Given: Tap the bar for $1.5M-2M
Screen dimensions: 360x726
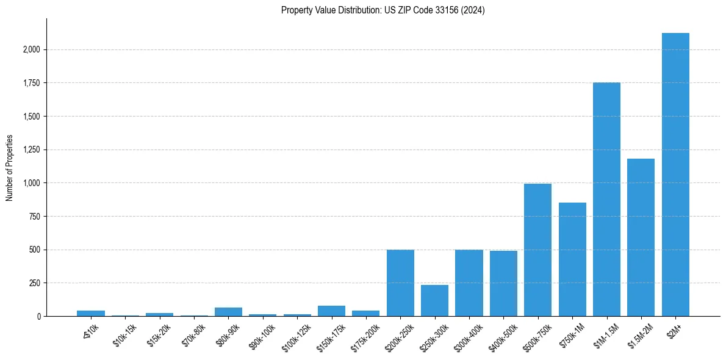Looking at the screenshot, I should (641, 237).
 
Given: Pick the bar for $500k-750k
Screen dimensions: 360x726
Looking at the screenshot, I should (537, 250).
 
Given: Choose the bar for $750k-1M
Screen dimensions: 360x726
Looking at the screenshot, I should (572, 259).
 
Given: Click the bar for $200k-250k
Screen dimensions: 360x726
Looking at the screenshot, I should (400, 283).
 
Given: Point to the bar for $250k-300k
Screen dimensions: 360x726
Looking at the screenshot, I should (434, 301).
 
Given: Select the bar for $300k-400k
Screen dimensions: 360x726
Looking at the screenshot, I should (469, 283).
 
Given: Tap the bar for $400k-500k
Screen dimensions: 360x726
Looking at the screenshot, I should (503, 284).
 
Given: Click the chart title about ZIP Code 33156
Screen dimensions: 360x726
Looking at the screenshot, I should (383, 10).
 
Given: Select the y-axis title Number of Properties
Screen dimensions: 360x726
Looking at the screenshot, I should (10, 168).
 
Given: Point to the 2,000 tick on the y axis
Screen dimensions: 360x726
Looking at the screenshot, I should (31, 49).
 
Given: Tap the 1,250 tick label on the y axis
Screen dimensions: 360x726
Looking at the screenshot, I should (31, 149).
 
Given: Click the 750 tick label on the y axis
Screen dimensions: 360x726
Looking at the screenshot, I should (35, 217).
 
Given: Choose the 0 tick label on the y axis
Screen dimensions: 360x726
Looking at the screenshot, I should (39, 317).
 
